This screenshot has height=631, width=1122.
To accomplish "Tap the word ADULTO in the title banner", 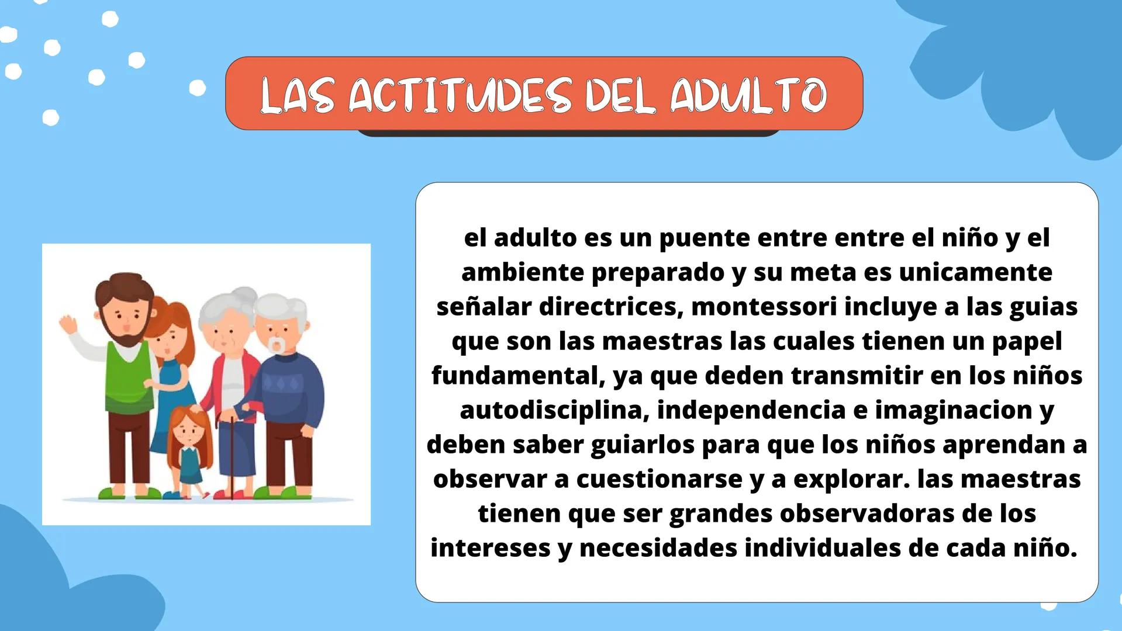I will [x=748, y=95].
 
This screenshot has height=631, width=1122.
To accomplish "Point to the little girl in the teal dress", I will [x=188, y=450].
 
